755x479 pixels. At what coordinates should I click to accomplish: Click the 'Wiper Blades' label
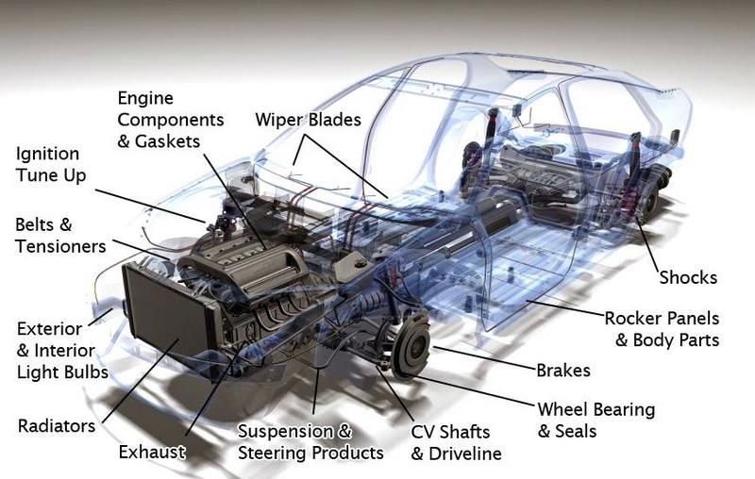pos(309,120)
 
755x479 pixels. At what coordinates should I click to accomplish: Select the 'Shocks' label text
pos(688,277)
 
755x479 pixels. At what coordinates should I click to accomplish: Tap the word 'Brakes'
pos(563,371)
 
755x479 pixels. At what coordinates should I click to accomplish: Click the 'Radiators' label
pos(57,425)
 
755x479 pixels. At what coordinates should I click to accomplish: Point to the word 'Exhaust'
pos(152,452)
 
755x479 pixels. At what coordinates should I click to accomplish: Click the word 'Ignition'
pos(47,155)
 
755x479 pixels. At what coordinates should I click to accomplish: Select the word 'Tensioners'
pos(60,246)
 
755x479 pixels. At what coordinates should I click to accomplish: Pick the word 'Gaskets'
pos(167,141)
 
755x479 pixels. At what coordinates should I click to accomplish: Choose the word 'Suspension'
pos(285,432)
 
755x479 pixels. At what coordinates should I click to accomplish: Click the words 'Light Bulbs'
pos(62,372)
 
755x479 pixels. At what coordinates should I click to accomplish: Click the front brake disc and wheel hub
pos(411,343)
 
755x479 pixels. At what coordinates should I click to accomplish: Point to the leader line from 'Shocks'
pos(647,245)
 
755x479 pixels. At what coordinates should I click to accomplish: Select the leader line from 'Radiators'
pos(140,381)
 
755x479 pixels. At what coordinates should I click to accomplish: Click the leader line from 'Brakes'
pos(485,358)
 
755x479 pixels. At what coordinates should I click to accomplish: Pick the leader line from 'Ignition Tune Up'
pos(150,206)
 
